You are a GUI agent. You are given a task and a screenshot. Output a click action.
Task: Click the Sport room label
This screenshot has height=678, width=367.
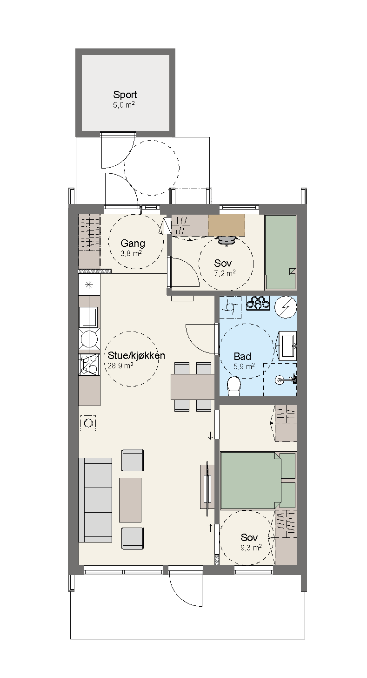(x=125, y=95)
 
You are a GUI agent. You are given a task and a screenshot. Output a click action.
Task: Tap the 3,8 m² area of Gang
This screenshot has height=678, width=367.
(x=131, y=253)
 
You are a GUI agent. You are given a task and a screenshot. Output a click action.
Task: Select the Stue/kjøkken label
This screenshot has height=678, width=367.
(x=136, y=355)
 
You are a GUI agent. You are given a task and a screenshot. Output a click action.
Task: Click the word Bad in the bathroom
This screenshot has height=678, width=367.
(x=242, y=356)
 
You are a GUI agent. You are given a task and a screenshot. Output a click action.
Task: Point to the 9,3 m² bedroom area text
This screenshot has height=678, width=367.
(x=251, y=547)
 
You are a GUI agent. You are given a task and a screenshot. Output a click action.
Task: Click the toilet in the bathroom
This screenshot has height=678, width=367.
(x=234, y=386)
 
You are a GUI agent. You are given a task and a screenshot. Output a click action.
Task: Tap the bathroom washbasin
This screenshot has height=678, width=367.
(x=287, y=346)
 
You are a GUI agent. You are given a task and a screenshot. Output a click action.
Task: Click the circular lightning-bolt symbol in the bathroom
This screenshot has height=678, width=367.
(x=286, y=307)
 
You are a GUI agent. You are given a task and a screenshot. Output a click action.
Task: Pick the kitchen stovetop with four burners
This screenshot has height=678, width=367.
(x=89, y=365)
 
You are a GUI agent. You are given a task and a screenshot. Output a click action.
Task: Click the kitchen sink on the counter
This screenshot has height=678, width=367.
(x=88, y=317)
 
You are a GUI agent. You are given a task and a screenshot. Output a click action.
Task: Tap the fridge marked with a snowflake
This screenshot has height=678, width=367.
(x=89, y=285)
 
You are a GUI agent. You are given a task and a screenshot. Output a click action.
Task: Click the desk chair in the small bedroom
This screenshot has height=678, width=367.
(x=227, y=241)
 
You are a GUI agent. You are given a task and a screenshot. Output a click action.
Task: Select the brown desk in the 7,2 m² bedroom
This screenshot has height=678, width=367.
(x=227, y=225)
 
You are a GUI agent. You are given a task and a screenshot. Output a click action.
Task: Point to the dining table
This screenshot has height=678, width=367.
(x=193, y=387)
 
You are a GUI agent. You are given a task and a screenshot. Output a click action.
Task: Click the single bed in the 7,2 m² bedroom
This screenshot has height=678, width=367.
(x=280, y=252)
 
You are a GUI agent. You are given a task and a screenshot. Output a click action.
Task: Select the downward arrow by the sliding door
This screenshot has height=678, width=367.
(x=210, y=436)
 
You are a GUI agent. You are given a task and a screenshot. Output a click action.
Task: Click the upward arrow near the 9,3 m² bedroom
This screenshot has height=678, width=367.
(x=210, y=528)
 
